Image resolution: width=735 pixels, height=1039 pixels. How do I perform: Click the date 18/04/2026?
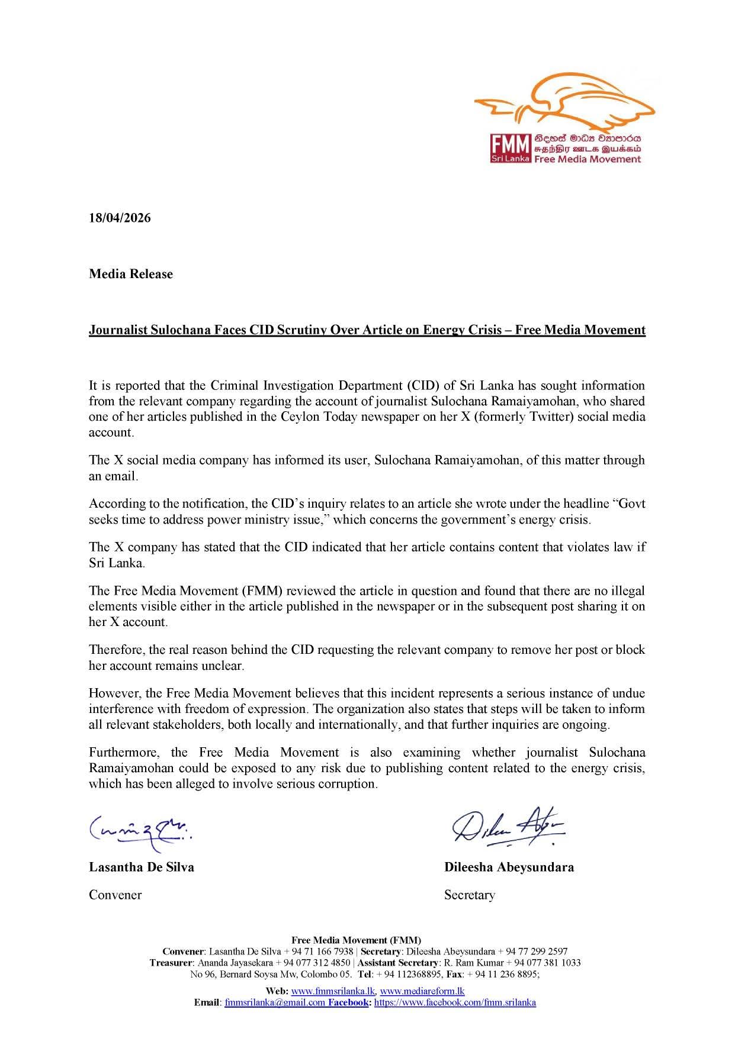(x=120, y=218)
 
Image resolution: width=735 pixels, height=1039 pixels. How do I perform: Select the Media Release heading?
(x=131, y=274)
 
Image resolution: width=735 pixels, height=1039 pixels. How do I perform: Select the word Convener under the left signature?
(x=115, y=895)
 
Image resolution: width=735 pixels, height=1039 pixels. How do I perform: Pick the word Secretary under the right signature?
(x=470, y=895)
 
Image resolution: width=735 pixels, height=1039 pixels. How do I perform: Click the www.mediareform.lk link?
(x=422, y=991)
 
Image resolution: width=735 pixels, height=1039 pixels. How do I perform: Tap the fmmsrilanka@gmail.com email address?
(x=275, y=1002)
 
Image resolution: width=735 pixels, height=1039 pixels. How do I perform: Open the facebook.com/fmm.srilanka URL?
(x=455, y=1002)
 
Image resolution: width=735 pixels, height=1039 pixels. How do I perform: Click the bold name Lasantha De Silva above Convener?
(x=142, y=867)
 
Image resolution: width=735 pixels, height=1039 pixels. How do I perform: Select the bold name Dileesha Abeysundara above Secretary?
(x=509, y=867)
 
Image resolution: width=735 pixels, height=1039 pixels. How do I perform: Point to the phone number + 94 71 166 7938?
(x=319, y=951)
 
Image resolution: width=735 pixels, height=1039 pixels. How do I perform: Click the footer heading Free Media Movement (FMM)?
(x=357, y=940)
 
